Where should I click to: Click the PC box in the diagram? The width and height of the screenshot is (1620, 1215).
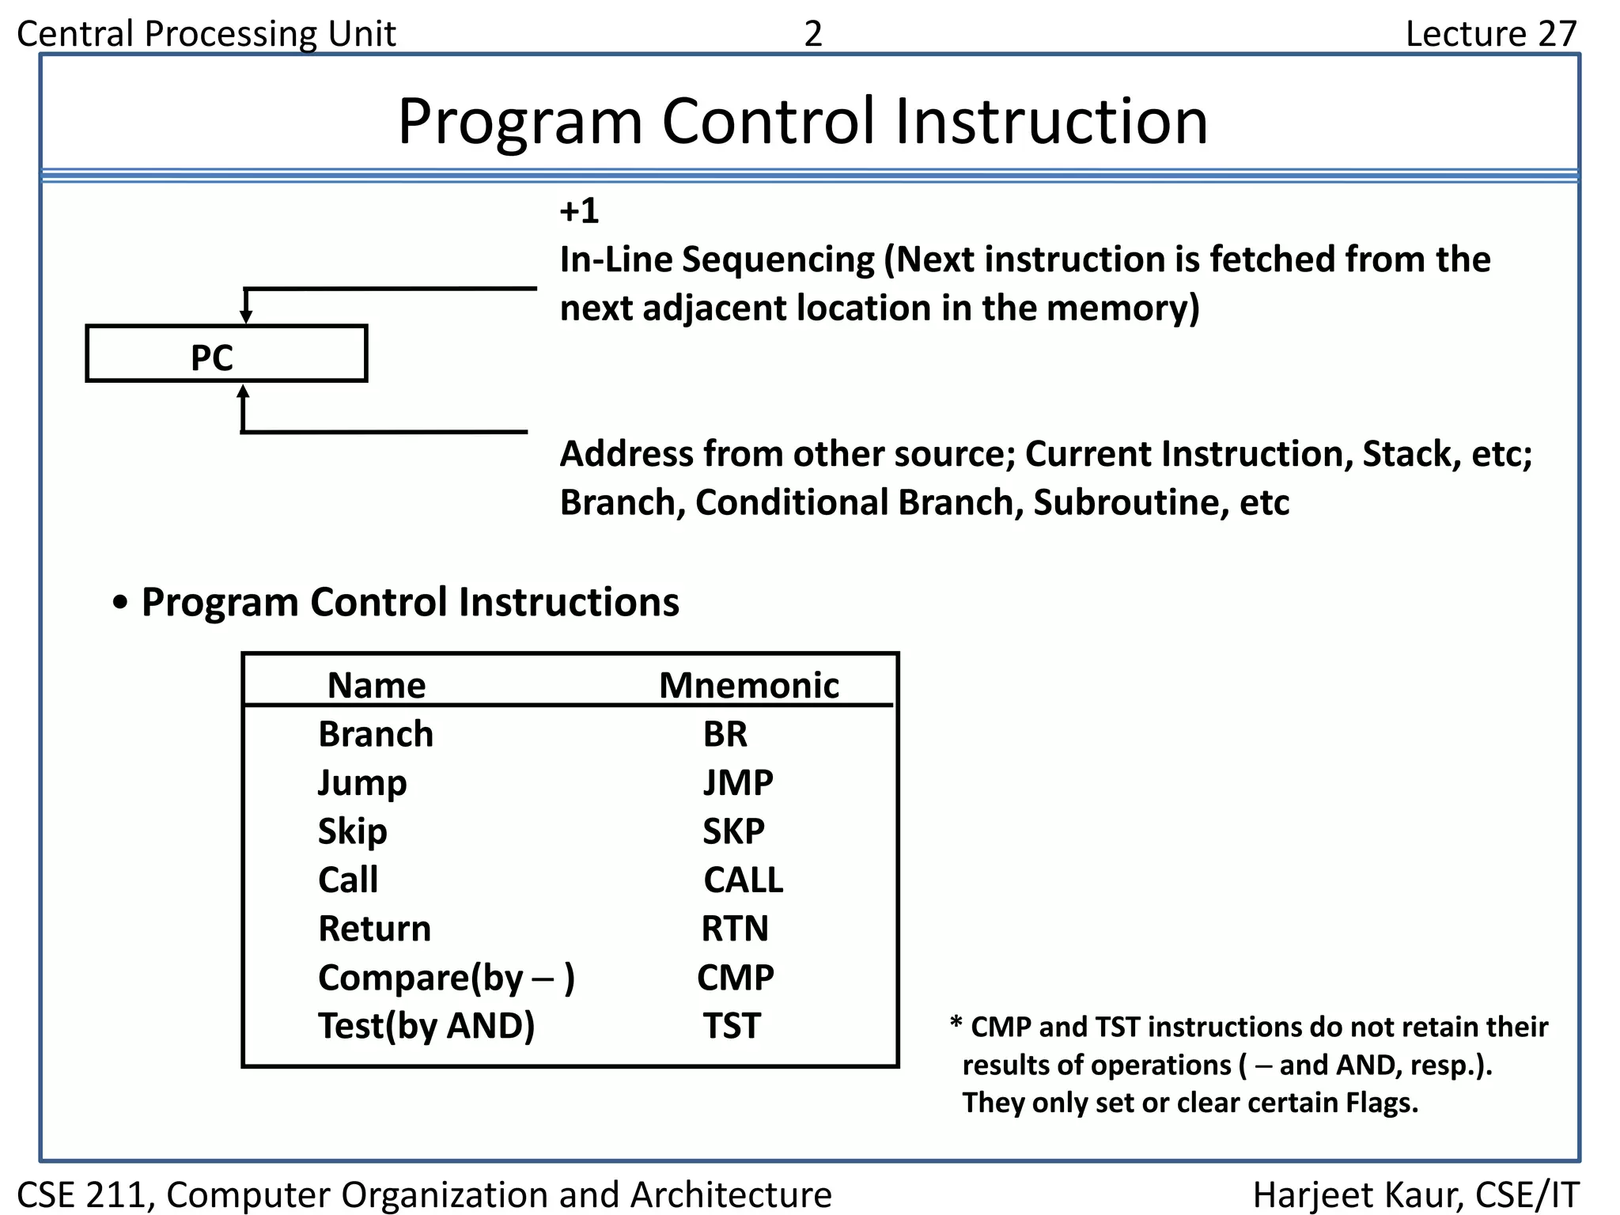click(226, 354)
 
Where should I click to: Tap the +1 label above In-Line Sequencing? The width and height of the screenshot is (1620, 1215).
click(578, 211)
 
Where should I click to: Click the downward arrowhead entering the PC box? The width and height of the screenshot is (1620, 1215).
click(246, 316)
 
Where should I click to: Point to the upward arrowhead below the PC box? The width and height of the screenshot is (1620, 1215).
click(243, 392)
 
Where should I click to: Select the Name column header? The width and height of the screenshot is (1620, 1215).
click(377, 685)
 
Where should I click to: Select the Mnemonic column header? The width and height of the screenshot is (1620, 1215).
click(748, 685)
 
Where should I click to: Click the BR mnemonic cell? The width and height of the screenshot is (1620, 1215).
click(725, 734)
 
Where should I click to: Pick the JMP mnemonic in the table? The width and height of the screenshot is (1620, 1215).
click(738, 783)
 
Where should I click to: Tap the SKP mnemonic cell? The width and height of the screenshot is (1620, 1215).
click(733, 831)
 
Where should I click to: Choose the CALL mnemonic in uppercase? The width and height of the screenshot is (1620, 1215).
click(743, 880)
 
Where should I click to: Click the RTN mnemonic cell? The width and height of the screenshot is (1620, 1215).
click(735, 929)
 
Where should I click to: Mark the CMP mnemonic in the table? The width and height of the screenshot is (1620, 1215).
click(735, 978)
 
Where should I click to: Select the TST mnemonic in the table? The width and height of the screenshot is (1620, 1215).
click(732, 1026)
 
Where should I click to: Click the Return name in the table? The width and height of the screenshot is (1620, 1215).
click(374, 929)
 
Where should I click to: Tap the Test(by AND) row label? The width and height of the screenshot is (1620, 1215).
click(426, 1026)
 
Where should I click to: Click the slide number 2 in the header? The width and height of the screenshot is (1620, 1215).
click(813, 34)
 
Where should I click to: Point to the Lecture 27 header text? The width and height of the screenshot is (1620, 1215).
click(1490, 34)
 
